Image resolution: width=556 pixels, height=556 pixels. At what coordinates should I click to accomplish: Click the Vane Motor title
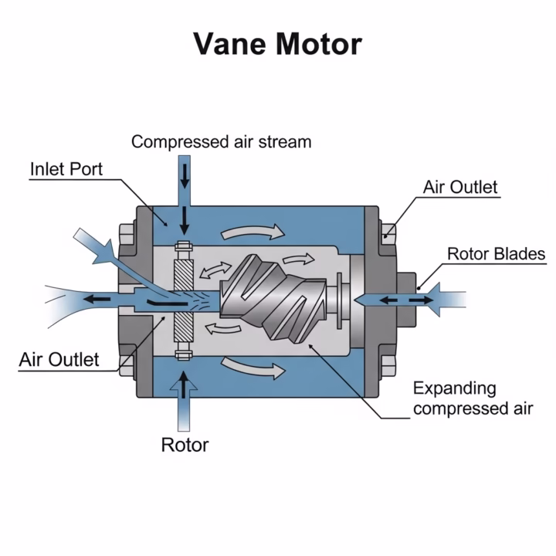click(278, 44)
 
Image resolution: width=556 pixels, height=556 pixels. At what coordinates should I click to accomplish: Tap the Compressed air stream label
click(222, 142)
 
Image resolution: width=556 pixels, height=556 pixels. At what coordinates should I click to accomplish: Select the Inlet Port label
click(66, 169)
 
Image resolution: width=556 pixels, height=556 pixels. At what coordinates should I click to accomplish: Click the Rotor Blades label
click(496, 254)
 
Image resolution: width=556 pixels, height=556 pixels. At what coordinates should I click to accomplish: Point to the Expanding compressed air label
click(473, 398)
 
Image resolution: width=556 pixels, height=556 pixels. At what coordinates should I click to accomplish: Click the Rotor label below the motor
click(185, 445)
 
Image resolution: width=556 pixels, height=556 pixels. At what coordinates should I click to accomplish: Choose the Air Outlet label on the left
click(59, 360)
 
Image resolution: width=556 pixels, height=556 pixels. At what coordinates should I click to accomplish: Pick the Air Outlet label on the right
click(460, 187)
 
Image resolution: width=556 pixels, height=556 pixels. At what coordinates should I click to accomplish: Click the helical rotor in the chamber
click(273, 298)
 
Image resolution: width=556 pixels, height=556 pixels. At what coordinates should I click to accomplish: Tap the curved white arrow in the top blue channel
click(253, 232)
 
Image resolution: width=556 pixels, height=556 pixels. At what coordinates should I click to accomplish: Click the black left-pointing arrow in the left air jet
click(97, 299)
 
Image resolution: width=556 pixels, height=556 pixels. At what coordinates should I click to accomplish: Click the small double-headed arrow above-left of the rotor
click(215, 270)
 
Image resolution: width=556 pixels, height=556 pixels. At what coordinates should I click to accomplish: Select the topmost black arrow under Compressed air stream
click(185, 176)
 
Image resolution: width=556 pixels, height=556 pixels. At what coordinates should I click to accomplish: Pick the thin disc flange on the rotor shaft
click(339, 300)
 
